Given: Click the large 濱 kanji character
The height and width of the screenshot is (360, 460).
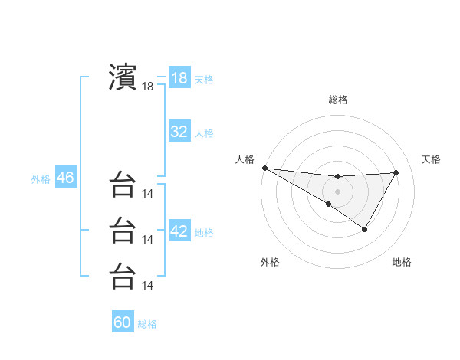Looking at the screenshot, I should [x=123, y=77].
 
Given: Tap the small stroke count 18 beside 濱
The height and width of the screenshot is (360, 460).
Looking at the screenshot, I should [x=148, y=87].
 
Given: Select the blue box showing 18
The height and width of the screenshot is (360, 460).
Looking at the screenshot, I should [x=179, y=78].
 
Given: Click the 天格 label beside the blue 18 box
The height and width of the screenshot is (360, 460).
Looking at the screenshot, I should [x=204, y=80].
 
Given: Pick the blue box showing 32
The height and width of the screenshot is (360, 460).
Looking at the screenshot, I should [x=179, y=132].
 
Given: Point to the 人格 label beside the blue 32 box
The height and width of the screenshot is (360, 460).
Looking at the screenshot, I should [x=204, y=133].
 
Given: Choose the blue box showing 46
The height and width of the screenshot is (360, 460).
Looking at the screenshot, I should [x=65, y=178].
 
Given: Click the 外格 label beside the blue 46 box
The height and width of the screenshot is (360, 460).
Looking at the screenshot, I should [x=41, y=179].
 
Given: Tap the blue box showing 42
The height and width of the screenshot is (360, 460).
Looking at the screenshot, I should [x=179, y=231].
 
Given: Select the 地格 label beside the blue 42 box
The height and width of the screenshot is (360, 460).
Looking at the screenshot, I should [x=204, y=233].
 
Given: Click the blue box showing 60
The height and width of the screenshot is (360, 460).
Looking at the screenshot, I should [x=123, y=322].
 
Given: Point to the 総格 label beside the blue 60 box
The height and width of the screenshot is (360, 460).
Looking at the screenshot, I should [x=147, y=324].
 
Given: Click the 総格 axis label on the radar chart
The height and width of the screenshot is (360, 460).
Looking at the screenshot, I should [x=338, y=100].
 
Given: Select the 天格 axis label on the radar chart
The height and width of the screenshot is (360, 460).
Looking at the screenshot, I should [x=431, y=159].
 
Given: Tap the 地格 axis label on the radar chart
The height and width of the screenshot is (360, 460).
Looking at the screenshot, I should [x=402, y=263].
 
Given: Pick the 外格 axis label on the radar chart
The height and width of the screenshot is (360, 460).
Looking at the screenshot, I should [x=269, y=263].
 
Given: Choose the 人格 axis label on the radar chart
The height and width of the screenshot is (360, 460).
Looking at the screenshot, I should [x=245, y=159].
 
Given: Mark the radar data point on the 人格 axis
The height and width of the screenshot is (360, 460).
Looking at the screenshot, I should [x=264, y=167].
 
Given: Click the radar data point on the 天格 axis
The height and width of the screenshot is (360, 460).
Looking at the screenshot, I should [x=396, y=172].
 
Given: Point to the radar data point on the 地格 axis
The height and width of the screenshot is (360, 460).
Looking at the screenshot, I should [x=365, y=229].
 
